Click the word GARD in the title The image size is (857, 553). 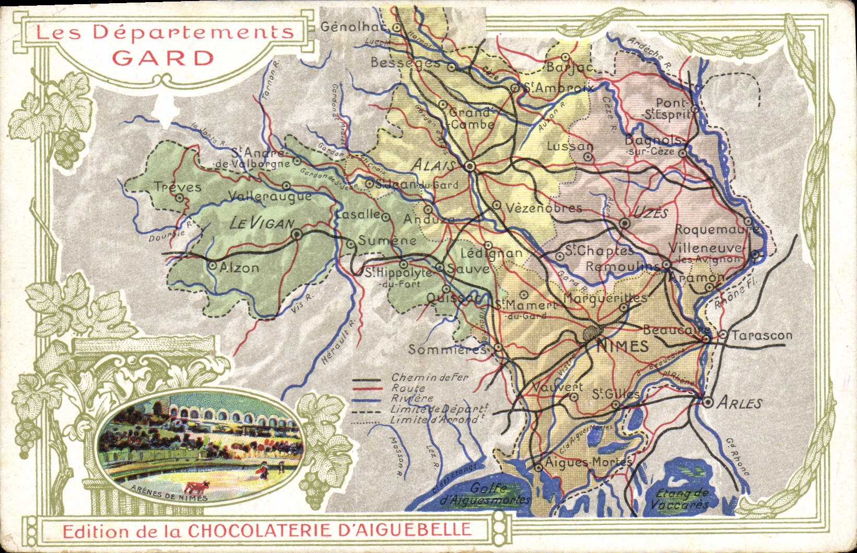coord(163,57)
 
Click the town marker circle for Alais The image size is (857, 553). coord(469,166)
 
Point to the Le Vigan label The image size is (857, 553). coord(262,224)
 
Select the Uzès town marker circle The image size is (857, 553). coord(625,223)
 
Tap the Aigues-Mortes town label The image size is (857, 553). coord(588,462)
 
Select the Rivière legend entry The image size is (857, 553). coord(412,398)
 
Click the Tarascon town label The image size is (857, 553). coord(761,335)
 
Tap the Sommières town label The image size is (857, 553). coord(447,349)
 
